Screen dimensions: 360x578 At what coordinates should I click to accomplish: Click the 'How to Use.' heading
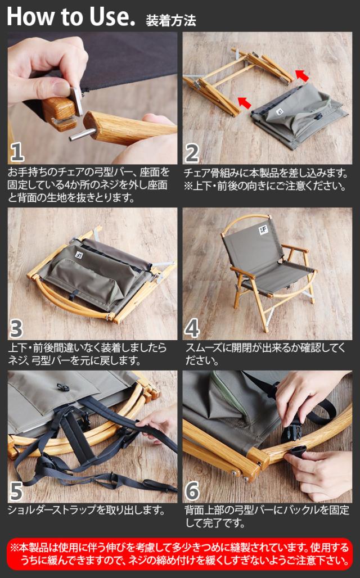[71, 16]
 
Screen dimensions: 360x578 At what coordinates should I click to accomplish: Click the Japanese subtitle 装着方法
[171, 20]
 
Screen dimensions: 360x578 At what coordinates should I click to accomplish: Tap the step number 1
[17, 152]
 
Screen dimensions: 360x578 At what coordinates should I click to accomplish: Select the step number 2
[192, 153]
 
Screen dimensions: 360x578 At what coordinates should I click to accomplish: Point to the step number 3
[16, 328]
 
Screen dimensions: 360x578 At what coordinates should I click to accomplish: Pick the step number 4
[192, 328]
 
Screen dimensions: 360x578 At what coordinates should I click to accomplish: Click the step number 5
[17, 491]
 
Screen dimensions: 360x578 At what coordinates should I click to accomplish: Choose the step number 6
[192, 491]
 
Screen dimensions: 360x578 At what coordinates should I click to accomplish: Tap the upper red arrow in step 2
[302, 75]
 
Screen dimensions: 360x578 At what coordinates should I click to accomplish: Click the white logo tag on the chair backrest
[263, 231]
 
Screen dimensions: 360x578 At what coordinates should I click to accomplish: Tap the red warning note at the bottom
[180, 554]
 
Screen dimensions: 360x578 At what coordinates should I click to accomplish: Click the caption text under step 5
[86, 510]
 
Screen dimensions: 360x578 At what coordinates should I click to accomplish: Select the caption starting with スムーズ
[265, 354]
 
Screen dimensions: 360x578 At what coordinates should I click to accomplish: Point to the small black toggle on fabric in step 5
[60, 387]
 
